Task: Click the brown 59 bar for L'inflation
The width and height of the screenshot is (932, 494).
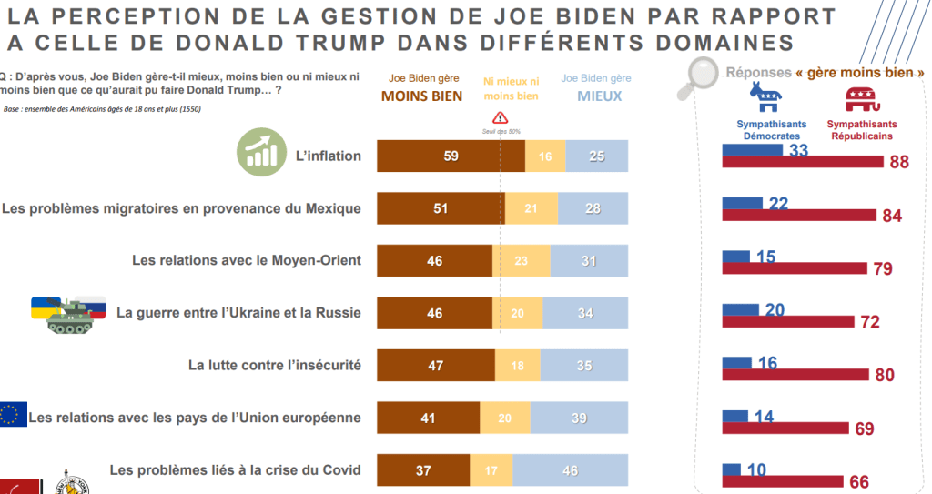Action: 451,156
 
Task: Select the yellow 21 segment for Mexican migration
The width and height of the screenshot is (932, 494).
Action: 531,208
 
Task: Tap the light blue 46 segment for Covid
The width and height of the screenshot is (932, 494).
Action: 571,470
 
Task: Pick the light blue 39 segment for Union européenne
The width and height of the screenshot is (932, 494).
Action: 579,418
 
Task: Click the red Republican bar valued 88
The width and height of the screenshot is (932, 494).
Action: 802,162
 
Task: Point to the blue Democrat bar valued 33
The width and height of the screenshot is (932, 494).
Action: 752,149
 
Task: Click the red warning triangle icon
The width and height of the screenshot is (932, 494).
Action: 500,118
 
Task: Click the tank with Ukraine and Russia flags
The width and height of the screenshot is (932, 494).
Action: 69,314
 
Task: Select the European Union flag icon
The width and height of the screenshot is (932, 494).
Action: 14,414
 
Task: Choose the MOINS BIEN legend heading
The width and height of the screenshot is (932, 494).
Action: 421,96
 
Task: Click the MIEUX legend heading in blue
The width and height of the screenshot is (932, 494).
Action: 600,95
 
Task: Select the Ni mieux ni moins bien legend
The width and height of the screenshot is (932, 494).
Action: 511,88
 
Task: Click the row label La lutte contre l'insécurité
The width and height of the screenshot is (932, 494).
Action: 274,366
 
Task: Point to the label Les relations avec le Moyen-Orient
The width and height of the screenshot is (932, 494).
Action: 246,260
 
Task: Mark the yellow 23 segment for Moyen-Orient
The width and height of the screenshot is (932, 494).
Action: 521,261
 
